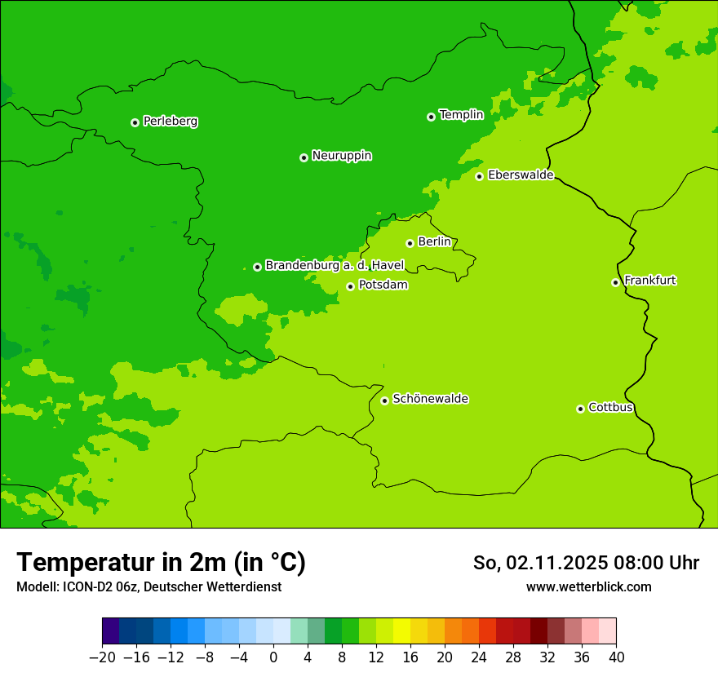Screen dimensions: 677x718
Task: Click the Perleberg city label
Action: pyautogui.click(x=170, y=122)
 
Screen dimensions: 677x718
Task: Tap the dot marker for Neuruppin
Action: pyautogui.click(x=304, y=157)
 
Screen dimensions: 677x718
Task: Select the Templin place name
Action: pyautogui.click(x=461, y=115)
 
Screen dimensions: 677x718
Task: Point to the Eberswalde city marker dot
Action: pyautogui.click(x=480, y=176)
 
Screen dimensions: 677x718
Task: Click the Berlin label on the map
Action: pyautogui.click(x=434, y=242)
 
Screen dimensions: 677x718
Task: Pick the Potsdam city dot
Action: pyautogui.click(x=350, y=286)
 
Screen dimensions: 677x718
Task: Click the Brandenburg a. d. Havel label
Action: pyautogui.click(x=335, y=266)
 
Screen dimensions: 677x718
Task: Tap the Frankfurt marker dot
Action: pyautogui.click(x=615, y=282)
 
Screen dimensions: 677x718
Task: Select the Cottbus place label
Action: pyautogui.click(x=610, y=408)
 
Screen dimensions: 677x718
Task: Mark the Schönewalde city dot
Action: pyautogui.click(x=384, y=400)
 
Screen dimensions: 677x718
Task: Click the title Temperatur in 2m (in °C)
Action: pyautogui.click(x=161, y=562)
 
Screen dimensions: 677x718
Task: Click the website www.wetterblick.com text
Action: pyautogui.click(x=588, y=586)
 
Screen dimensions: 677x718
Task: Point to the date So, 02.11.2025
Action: pyautogui.click(x=539, y=563)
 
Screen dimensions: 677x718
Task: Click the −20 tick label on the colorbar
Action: pyautogui.click(x=102, y=657)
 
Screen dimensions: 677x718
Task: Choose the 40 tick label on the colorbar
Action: pyautogui.click(x=616, y=657)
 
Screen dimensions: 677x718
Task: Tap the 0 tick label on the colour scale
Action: pyautogui.click(x=273, y=657)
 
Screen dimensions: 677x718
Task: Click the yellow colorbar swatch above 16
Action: pyautogui.click(x=401, y=631)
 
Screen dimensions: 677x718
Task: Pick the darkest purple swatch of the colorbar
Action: pyautogui.click(x=110, y=631)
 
